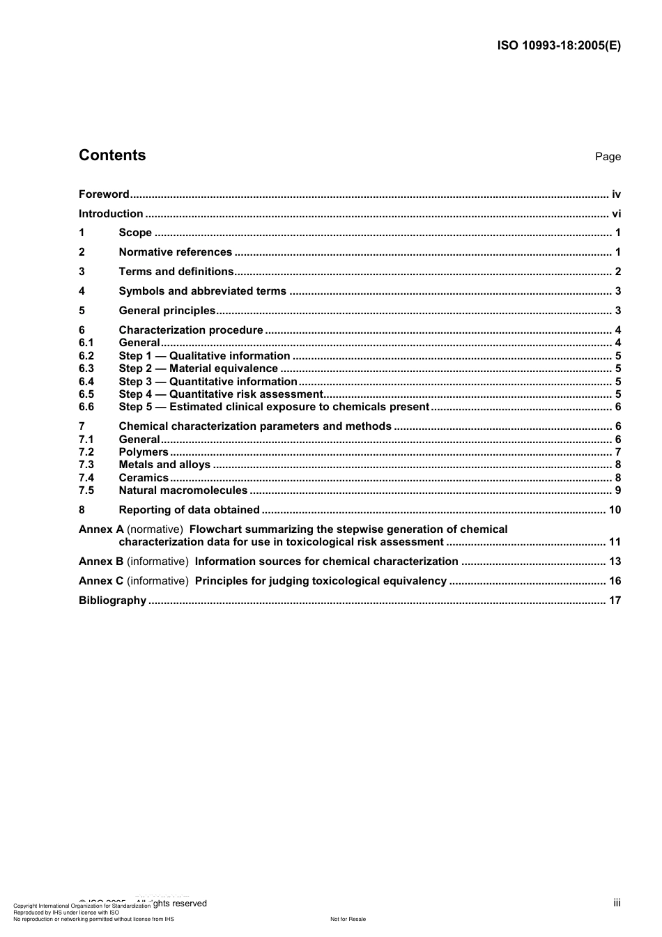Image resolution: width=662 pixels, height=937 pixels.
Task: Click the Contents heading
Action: click(x=112, y=155)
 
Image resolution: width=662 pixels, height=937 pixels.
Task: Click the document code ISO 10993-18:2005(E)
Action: click(x=559, y=46)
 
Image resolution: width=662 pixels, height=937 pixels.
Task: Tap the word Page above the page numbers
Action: click(x=608, y=157)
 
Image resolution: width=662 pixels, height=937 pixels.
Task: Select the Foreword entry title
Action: click(x=104, y=194)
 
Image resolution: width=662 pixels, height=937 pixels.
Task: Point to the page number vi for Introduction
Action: click(x=616, y=214)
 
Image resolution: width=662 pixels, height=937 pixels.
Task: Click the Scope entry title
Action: click(x=135, y=233)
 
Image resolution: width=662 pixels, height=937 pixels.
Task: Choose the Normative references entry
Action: click(x=176, y=252)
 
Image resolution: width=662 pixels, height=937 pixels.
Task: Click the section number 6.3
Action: click(x=86, y=369)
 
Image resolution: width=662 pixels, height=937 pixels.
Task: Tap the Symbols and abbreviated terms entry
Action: click(x=203, y=291)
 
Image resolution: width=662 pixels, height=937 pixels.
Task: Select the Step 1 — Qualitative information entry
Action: click(x=204, y=356)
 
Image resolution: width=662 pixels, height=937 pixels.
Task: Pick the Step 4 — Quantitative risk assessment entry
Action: click(x=220, y=394)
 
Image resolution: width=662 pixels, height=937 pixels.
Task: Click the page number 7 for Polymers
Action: click(x=618, y=452)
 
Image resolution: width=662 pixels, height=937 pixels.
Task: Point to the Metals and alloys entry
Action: click(x=164, y=465)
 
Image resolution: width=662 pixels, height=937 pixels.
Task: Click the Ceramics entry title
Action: click(x=144, y=478)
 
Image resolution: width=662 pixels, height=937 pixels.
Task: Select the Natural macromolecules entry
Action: click(x=183, y=490)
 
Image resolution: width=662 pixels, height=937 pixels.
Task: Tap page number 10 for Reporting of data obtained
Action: click(x=615, y=510)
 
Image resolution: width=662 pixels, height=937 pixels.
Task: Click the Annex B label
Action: click(x=101, y=562)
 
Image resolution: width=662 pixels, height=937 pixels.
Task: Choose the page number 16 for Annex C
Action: click(x=615, y=581)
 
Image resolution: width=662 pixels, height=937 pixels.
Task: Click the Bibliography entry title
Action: click(x=112, y=601)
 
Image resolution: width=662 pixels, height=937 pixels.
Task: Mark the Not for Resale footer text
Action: click(x=348, y=919)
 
